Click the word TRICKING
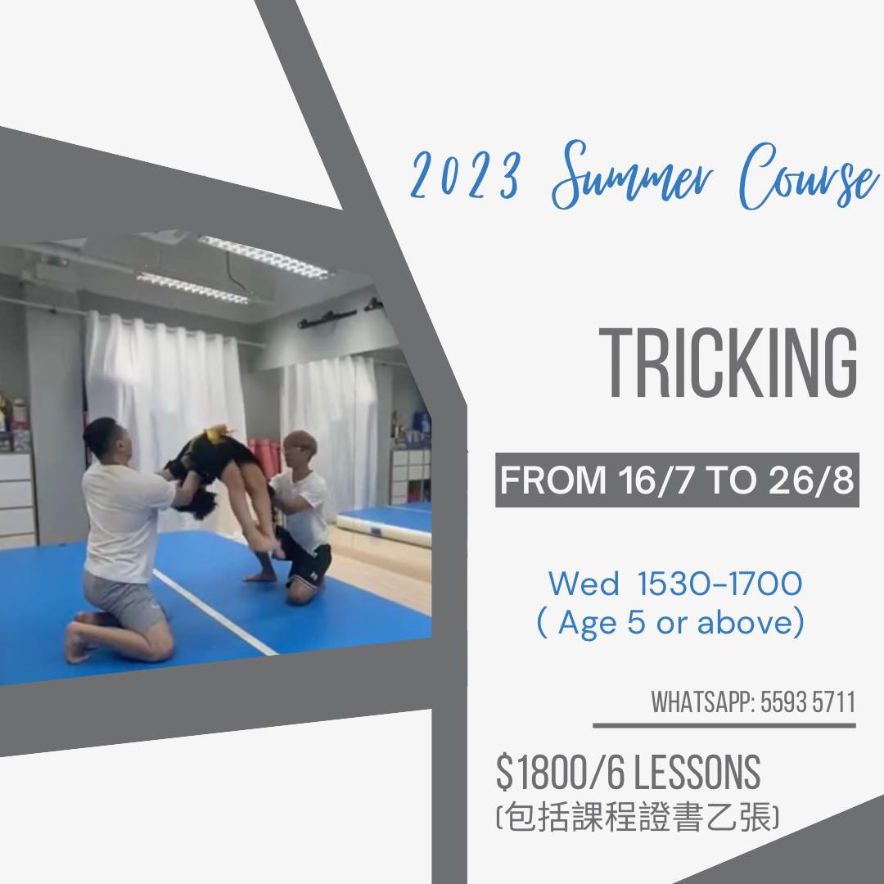pyautogui.click(x=728, y=363)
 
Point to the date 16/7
pyautogui.click(x=657, y=480)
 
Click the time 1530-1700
pyautogui.click(x=719, y=584)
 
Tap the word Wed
pyautogui.click(x=584, y=584)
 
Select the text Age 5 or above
pyautogui.click(x=674, y=623)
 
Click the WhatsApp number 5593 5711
pyautogui.click(x=808, y=702)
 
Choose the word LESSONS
pyautogui.click(x=697, y=773)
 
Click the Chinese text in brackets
pyautogui.click(x=638, y=818)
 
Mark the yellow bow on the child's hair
pyautogui.click(x=218, y=433)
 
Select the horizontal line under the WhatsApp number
pyautogui.click(x=724, y=725)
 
